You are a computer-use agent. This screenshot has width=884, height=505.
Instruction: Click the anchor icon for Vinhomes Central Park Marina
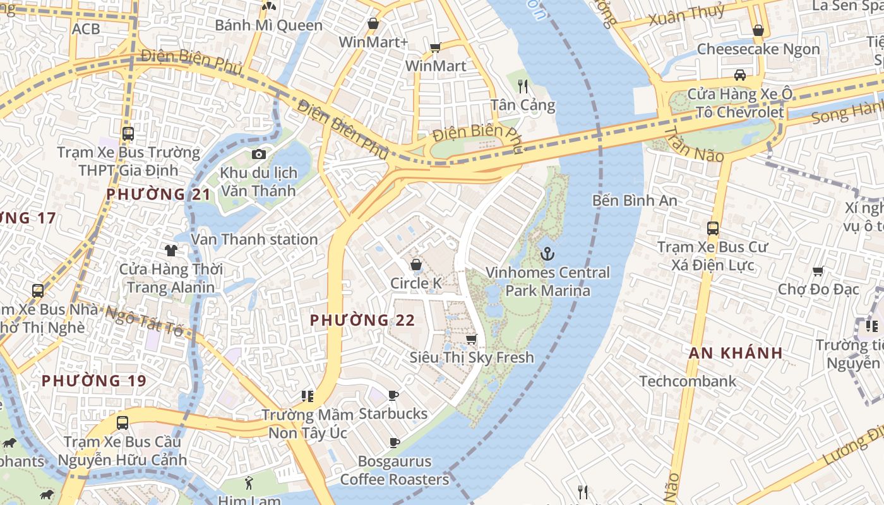tap(547, 254)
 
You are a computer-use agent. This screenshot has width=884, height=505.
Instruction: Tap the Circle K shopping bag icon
tap(416, 264)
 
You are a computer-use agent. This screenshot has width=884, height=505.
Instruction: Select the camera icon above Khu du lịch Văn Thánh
tap(258, 154)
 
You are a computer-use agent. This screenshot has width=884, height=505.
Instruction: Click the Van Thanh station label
tap(254, 239)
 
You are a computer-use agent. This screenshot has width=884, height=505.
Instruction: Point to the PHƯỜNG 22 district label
tap(362, 320)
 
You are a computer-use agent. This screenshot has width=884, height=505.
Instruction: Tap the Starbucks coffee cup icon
tap(393, 396)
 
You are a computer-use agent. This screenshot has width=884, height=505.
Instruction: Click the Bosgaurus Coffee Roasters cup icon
tap(395, 443)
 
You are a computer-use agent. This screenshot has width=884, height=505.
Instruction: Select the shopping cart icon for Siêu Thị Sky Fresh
tap(471, 339)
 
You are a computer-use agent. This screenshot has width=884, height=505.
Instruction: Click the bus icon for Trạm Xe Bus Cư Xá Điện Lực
tap(713, 229)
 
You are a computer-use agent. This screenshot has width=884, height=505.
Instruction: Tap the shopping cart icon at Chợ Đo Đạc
tap(818, 271)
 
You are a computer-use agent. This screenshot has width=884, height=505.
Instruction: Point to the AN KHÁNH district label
tap(736, 353)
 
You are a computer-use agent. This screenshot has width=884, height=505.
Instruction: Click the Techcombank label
tap(688, 381)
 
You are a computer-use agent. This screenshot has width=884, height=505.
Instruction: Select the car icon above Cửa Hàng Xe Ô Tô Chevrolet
tap(739, 75)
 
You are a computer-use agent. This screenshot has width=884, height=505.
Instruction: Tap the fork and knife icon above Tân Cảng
tap(522, 86)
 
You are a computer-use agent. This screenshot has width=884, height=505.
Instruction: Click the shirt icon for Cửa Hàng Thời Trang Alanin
tap(170, 251)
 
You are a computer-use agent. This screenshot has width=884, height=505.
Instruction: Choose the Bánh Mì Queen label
tap(268, 25)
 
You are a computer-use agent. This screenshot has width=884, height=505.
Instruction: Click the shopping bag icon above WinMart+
tap(373, 23)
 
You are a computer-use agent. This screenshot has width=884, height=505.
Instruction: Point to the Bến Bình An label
tap(635, 201)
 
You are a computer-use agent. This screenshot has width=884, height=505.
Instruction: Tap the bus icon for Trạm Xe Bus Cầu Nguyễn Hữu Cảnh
tap(122, 423)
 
